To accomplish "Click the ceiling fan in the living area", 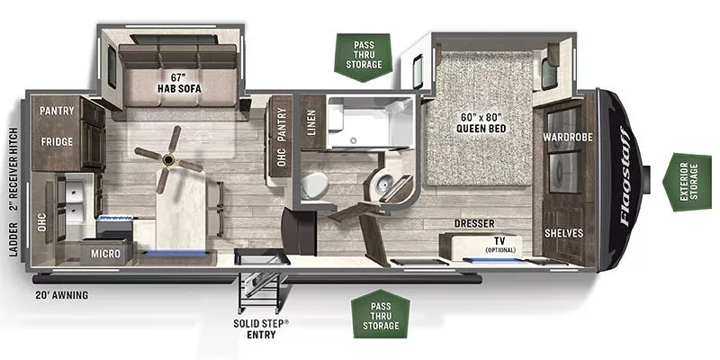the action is click(x=168, y=159).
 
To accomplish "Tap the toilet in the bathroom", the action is click(x=315, y=185).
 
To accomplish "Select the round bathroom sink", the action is click(x=382, y=184).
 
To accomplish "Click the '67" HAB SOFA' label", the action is click(x=179, y=82).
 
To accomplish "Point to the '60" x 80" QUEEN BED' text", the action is click(x=481, y=121).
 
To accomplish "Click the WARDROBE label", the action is click(x=568, y=137).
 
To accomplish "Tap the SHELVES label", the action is click(x=564, y=233).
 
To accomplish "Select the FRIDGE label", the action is click(x=57, y=141).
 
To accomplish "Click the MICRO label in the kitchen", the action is click(x=105, y=254).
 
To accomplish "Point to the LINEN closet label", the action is click(x=311, y=122).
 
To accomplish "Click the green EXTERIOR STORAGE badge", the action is click(x=687, y=183).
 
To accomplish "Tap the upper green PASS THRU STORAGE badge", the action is click(x=364, y=58).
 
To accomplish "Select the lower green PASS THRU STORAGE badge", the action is click(x=381, y=314).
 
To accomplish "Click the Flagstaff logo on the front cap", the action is click(x=626, y=176).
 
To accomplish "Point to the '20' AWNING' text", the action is click(x=61, y=295).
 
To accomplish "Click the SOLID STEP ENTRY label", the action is click(x=261, y=328).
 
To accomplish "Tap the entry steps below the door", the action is click(x=258, y=290).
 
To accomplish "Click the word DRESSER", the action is click(x=474, y=223).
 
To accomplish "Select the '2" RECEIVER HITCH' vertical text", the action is click(x=13, y=171).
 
